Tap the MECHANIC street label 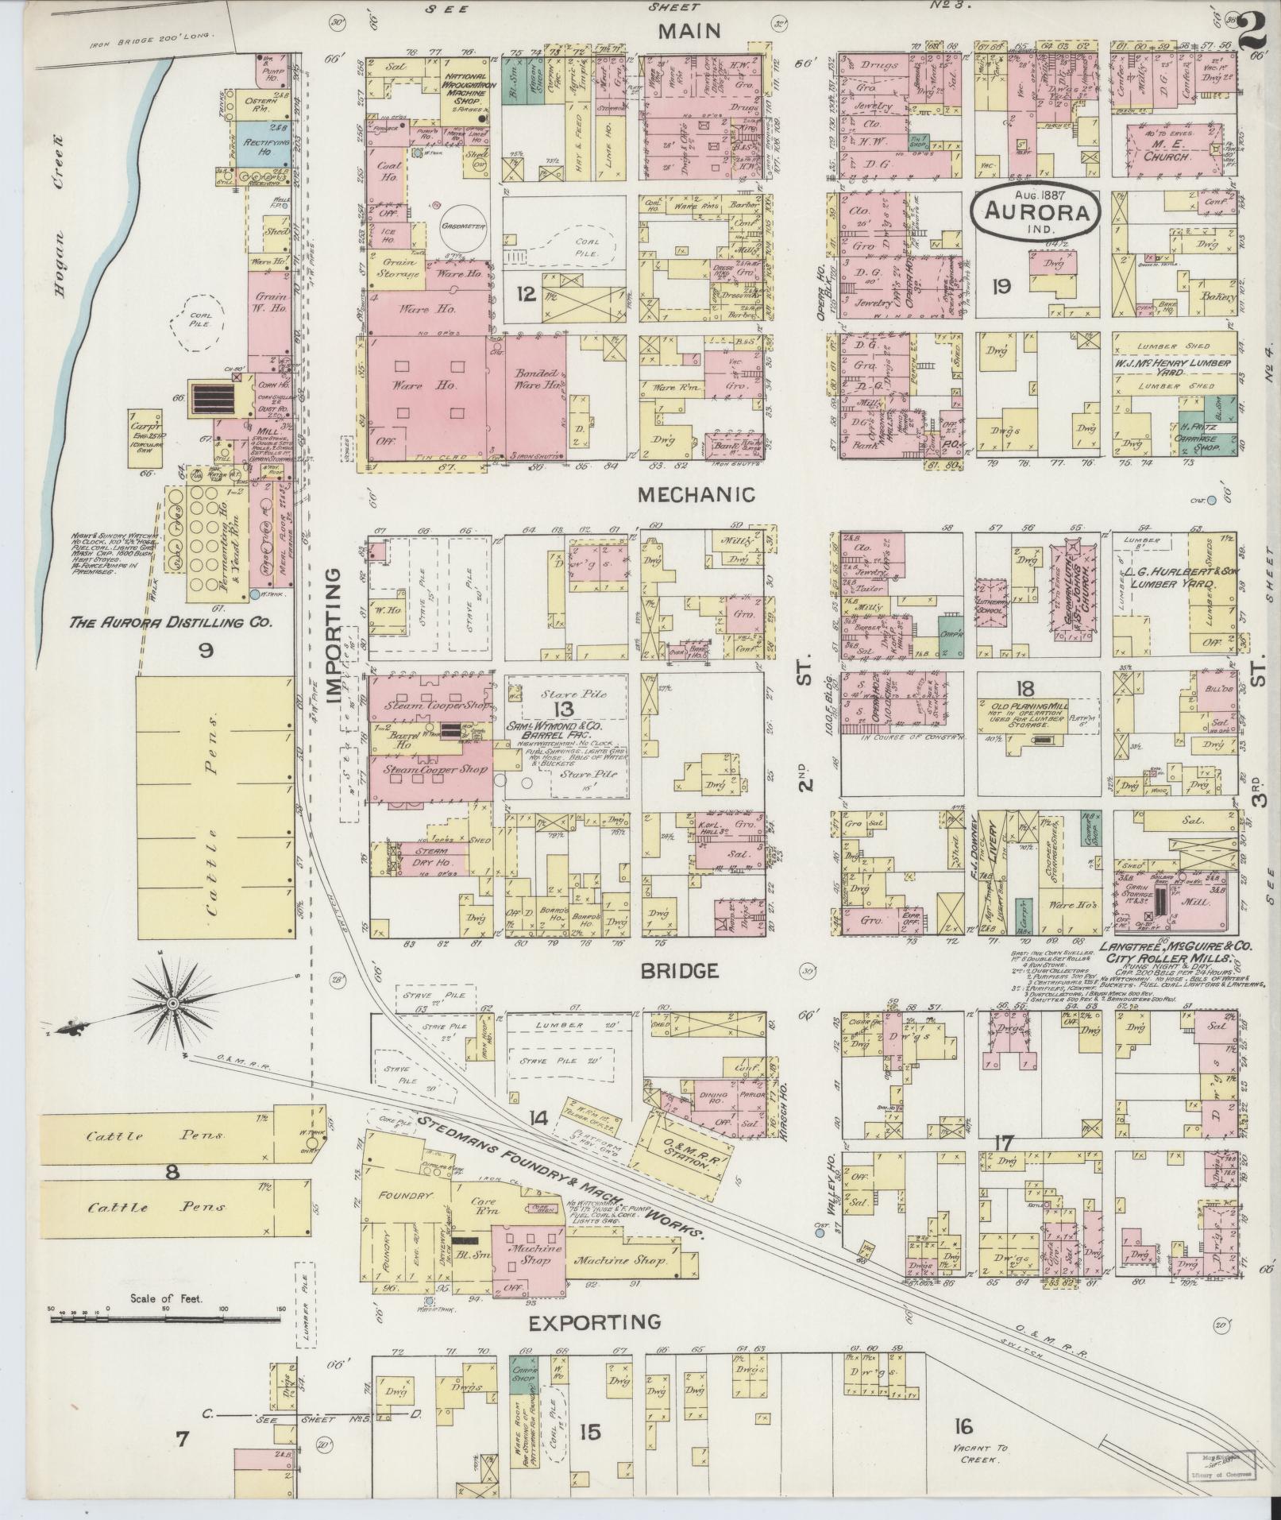[x=696, y=495]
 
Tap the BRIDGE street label [x=680, y=970]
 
